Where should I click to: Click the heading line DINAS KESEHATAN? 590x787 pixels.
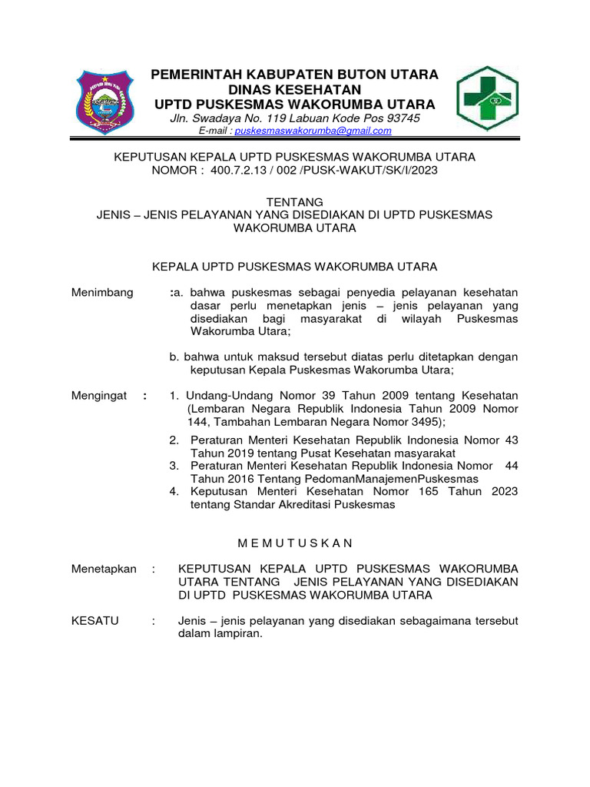[295, 89]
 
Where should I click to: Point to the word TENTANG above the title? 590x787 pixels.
[294, 201]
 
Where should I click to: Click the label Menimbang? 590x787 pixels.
[102, 292]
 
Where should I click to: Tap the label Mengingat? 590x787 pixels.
[99, 396]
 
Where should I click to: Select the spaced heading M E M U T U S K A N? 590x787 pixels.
[295, 543]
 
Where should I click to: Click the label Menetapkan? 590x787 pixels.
[104, 569]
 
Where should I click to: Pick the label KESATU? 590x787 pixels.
[94, 620]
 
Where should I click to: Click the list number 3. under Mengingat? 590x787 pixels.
[174, 465]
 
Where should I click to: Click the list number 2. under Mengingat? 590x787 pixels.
[174, 440]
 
